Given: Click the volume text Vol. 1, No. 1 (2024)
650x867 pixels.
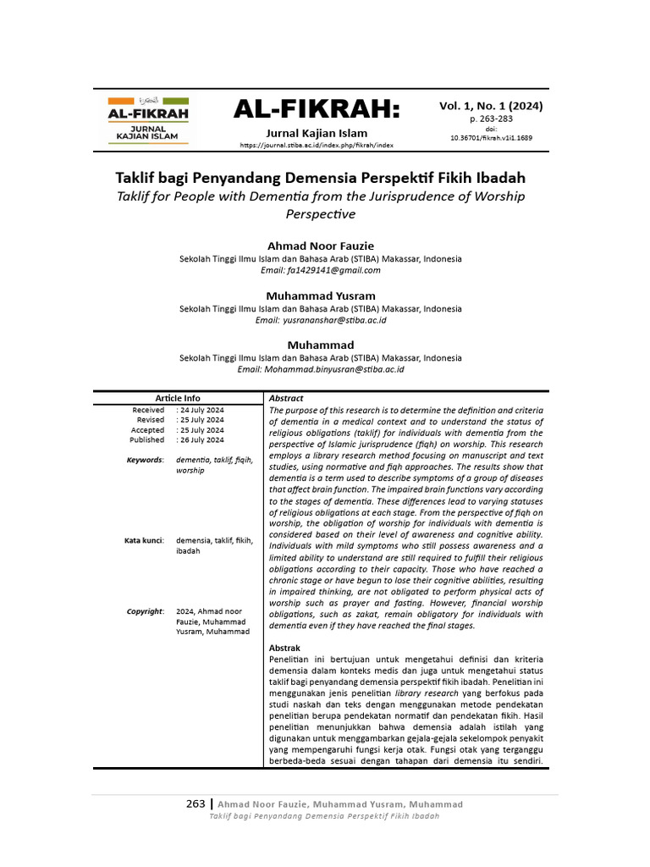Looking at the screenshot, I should point(491,107).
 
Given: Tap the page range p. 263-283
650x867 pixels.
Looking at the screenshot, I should point(491,120).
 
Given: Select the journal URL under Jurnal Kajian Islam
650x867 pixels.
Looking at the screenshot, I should point(317,146).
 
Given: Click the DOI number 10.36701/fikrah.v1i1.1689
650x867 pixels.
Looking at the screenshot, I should point(491,137).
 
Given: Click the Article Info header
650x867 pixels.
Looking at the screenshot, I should point(178,398).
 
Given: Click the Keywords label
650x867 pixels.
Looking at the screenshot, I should point(145,460).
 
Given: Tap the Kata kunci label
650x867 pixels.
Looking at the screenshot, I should point(144,540).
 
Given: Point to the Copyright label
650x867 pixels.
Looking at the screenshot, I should point(145,611).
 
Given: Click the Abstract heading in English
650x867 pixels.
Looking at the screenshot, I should point(286,398).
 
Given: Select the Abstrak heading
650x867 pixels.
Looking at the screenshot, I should point(284,648).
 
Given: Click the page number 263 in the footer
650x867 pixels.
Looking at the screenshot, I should point(196,803).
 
